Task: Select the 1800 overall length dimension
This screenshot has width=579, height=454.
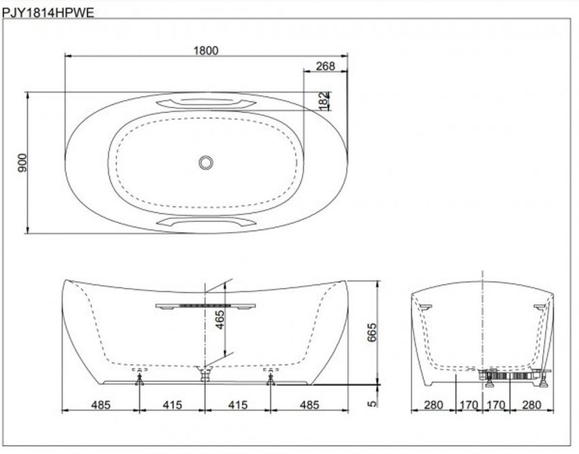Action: click(206, 51)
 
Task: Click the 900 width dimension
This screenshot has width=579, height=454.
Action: click(22, 163)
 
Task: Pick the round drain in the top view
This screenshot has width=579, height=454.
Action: click(206, 162)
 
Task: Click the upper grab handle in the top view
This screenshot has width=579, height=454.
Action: click(206, 102)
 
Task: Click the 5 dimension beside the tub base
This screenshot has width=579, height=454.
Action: click(371, 403)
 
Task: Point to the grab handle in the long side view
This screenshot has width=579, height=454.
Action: click(204, 306)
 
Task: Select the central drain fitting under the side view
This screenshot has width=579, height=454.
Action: click(205, 373)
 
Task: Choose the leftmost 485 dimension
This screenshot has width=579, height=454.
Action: click(101, 405)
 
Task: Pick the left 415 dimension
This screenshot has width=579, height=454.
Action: click(172, 405)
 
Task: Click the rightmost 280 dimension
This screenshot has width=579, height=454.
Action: click(531, 405)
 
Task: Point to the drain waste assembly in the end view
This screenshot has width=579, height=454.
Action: click(507, 374)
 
